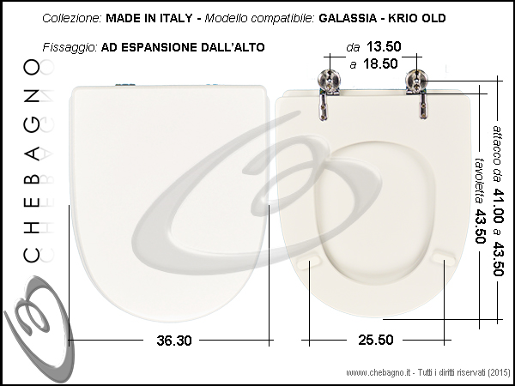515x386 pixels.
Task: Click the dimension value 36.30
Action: click(x=173, y=341)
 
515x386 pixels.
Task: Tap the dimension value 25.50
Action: click(x=375, y=340)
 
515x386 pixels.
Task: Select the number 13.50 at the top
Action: click(x=384, y=46)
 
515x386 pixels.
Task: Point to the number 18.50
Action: click(x=380, y=63)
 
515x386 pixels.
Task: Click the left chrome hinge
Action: click(x=327, y=93)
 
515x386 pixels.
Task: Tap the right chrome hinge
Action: click(x=417, y=93)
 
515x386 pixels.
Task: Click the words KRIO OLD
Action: click(x=417, y=18)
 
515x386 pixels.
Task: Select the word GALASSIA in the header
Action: click(x=348, y=18)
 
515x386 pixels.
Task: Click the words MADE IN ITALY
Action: click(x=149, y=18)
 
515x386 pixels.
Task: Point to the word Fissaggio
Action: click(x=70, y=47)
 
